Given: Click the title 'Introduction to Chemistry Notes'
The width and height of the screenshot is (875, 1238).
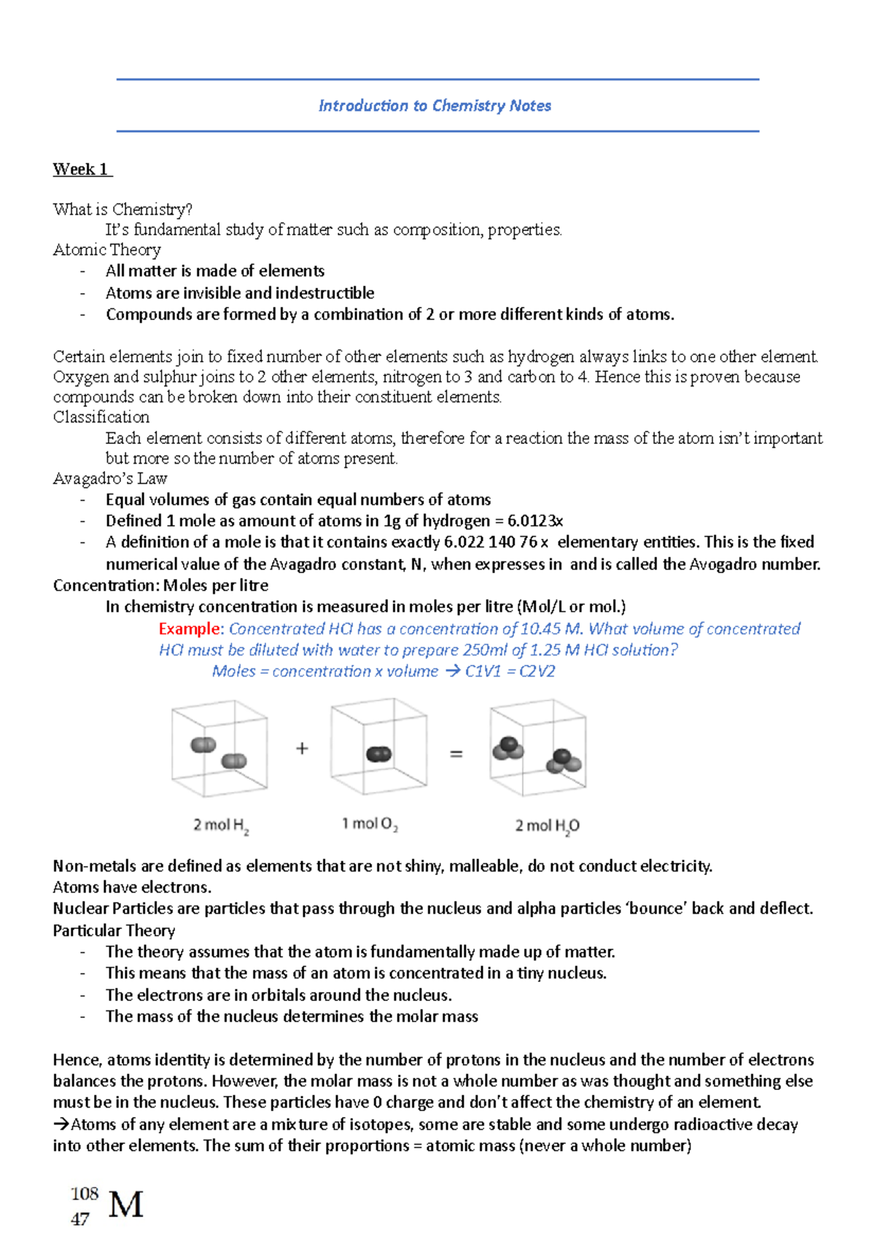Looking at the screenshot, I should click(435, 106).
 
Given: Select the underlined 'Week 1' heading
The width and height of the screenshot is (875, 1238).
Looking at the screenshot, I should click(81, 169).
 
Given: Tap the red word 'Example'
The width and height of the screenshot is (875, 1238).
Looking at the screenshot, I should click(189, 628).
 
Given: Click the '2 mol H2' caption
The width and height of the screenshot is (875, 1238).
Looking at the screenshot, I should click(221, 825).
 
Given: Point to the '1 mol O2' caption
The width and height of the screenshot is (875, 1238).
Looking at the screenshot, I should click(370, 824).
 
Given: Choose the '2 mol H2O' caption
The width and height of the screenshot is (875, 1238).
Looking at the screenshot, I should click(547, 825).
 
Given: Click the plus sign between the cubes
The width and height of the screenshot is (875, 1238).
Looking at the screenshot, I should click(302, 748).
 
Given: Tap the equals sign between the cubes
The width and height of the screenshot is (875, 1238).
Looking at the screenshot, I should click(456, 754).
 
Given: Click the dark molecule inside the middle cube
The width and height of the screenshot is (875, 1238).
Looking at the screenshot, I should click(378, 754).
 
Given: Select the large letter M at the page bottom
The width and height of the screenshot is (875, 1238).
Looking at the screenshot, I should click(126, 1204).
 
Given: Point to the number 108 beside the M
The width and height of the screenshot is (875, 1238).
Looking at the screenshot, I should click(85, 1194).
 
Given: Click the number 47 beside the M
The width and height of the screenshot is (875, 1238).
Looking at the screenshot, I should click(80, 1218).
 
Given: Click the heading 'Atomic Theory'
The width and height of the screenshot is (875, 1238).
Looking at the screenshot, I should click(106, 250).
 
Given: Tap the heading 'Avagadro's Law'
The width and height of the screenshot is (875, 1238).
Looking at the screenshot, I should click(110, 478).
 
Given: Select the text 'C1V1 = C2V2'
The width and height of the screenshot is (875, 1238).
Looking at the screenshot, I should click(510, 671).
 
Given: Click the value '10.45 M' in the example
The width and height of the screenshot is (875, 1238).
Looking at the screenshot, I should click(551, 628).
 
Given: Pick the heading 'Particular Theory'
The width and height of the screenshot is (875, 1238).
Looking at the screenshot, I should click(114, 930).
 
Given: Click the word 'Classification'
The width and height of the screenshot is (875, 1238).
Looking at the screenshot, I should click(101, 417).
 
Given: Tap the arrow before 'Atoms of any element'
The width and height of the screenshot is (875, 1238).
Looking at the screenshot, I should click(61, 1124).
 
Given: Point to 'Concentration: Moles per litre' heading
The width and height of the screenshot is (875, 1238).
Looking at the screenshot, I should click(160, 585).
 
